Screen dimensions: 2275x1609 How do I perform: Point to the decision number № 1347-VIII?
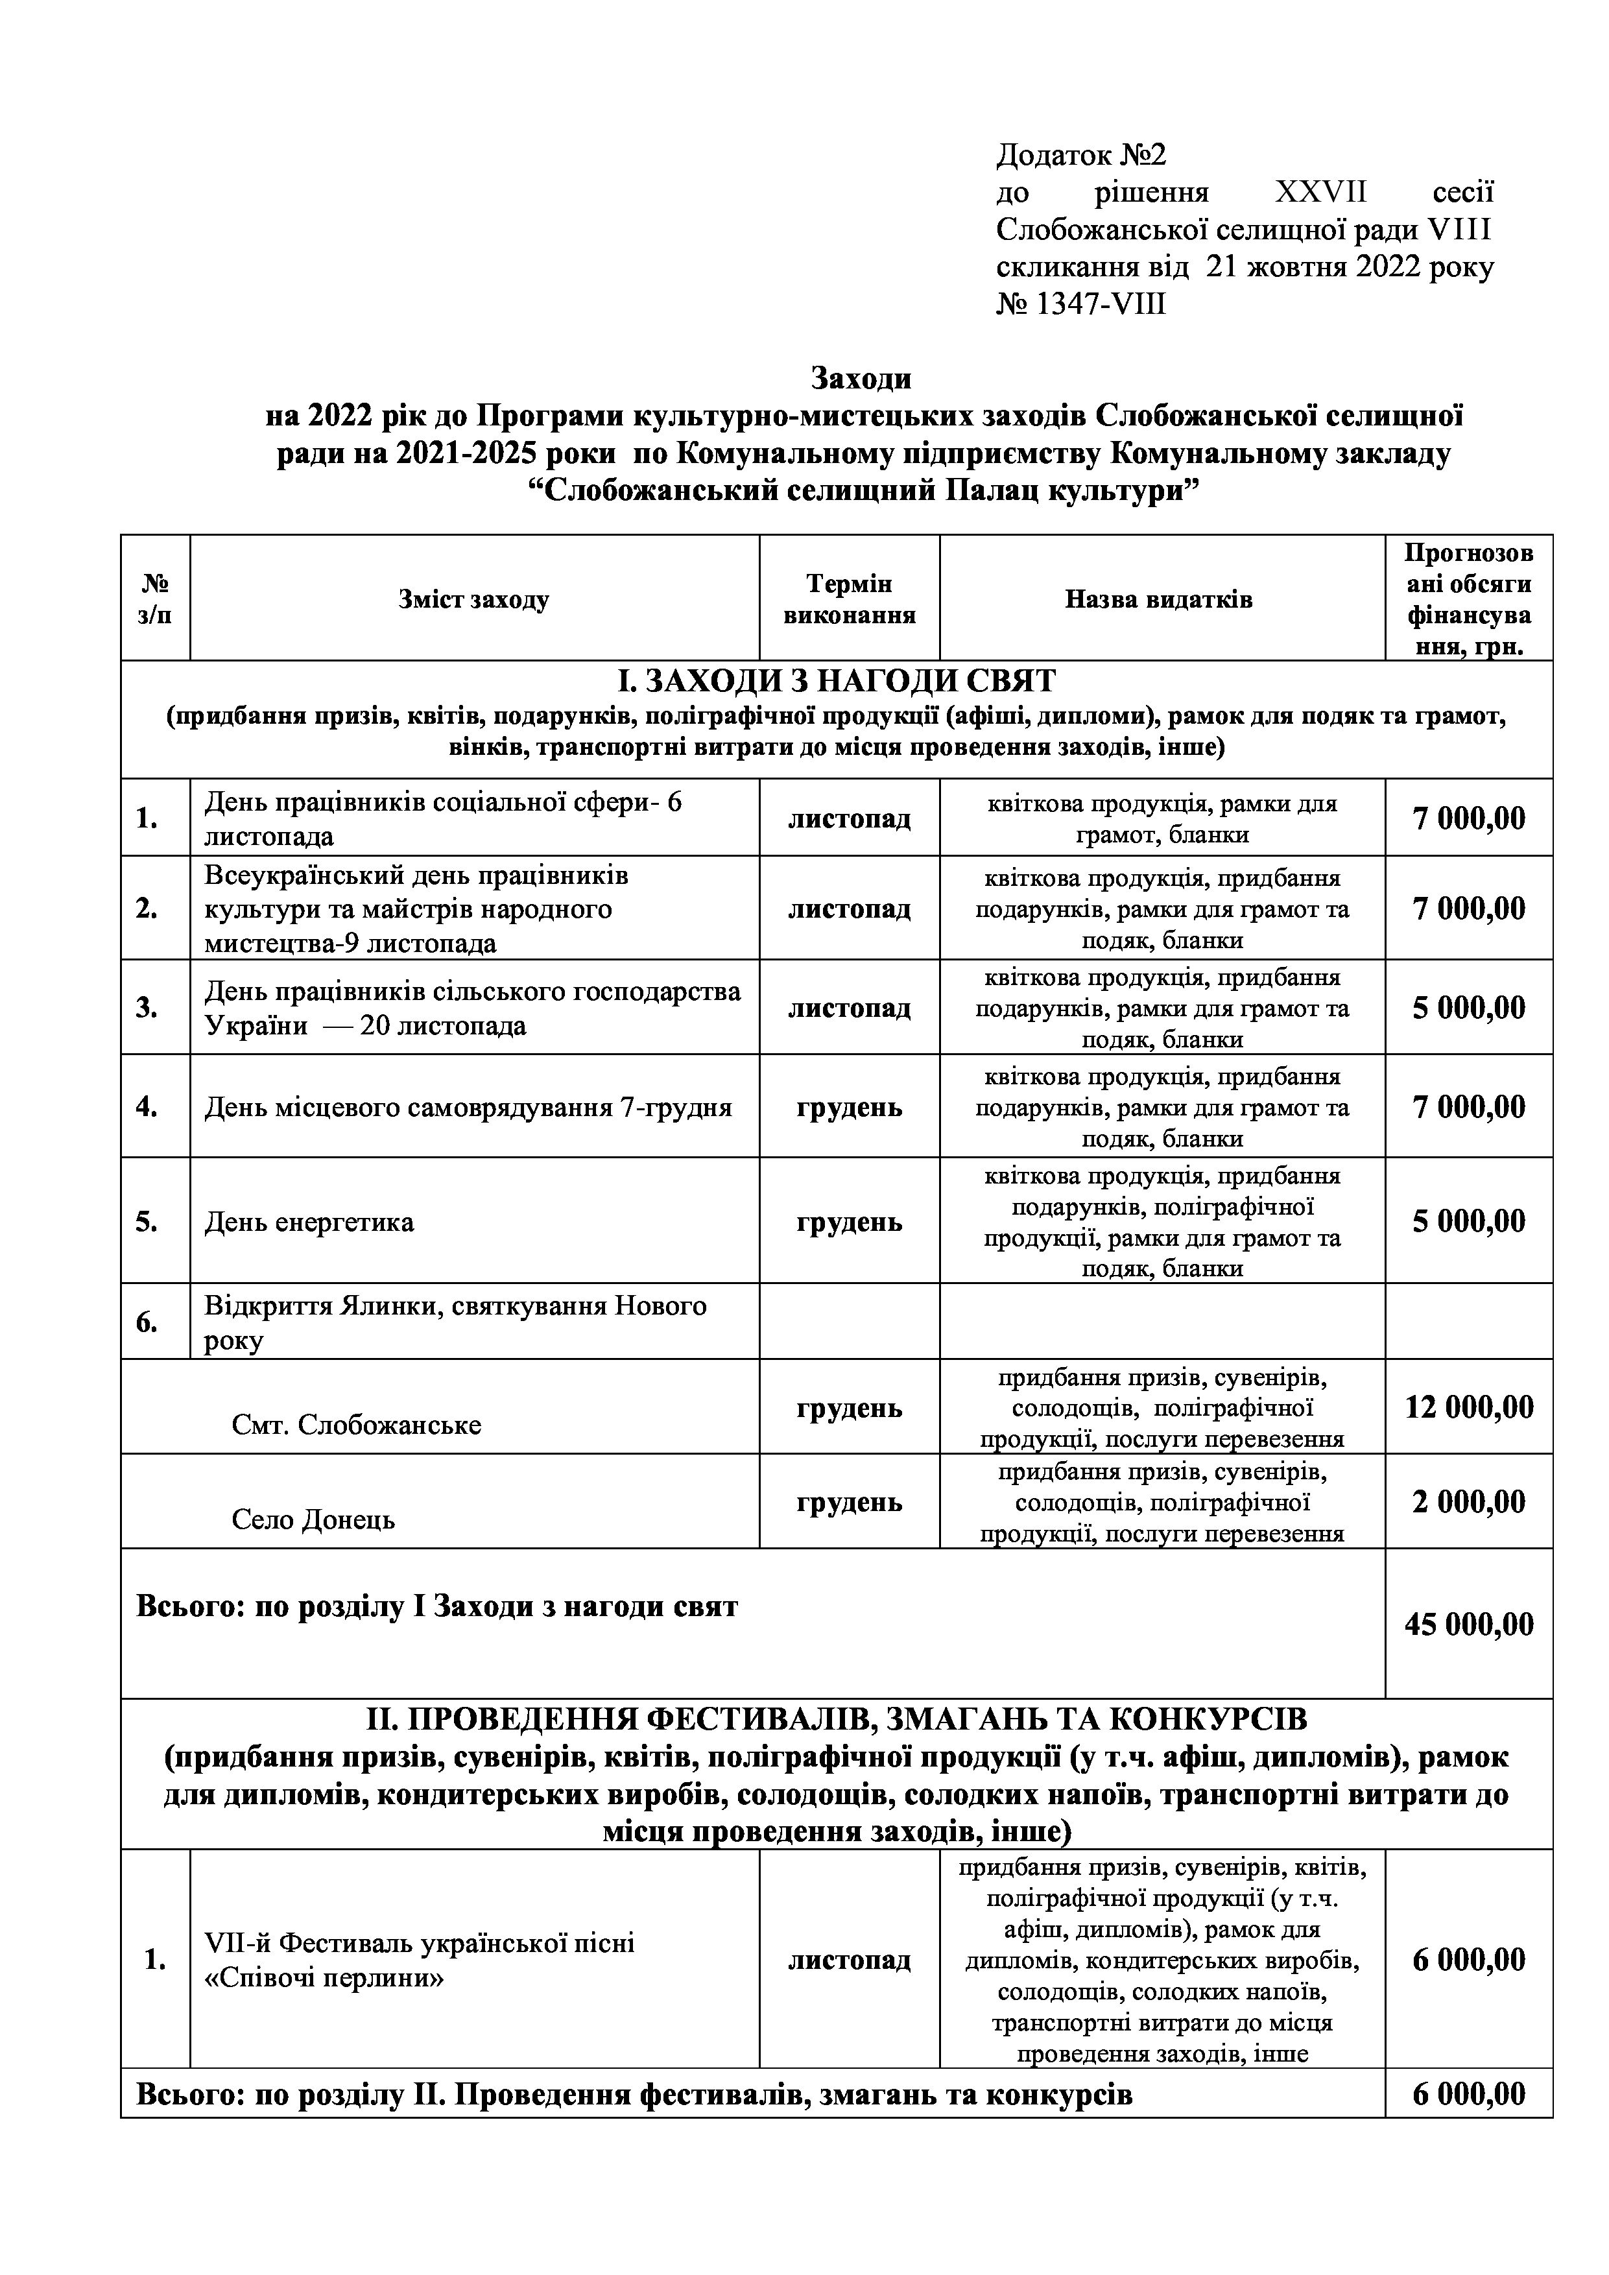tap(1081, 304)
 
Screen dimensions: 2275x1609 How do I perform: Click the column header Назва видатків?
tap(1158, 599)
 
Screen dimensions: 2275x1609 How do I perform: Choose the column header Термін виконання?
tap(849, 599)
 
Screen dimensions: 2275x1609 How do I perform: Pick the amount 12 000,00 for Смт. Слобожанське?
tap(1468, 1407)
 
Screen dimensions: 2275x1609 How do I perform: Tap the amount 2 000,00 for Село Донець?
tap(1468, 1501)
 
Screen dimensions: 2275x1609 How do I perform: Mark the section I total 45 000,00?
tap(1468, 1624)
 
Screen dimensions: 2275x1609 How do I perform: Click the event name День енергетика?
tap(309, 1222)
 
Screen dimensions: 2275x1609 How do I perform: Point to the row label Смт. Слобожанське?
tap(357, 1425)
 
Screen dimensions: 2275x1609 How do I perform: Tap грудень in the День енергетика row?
tap(849, 1222)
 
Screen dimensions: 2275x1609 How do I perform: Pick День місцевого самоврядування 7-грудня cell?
tap(468, 1107)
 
